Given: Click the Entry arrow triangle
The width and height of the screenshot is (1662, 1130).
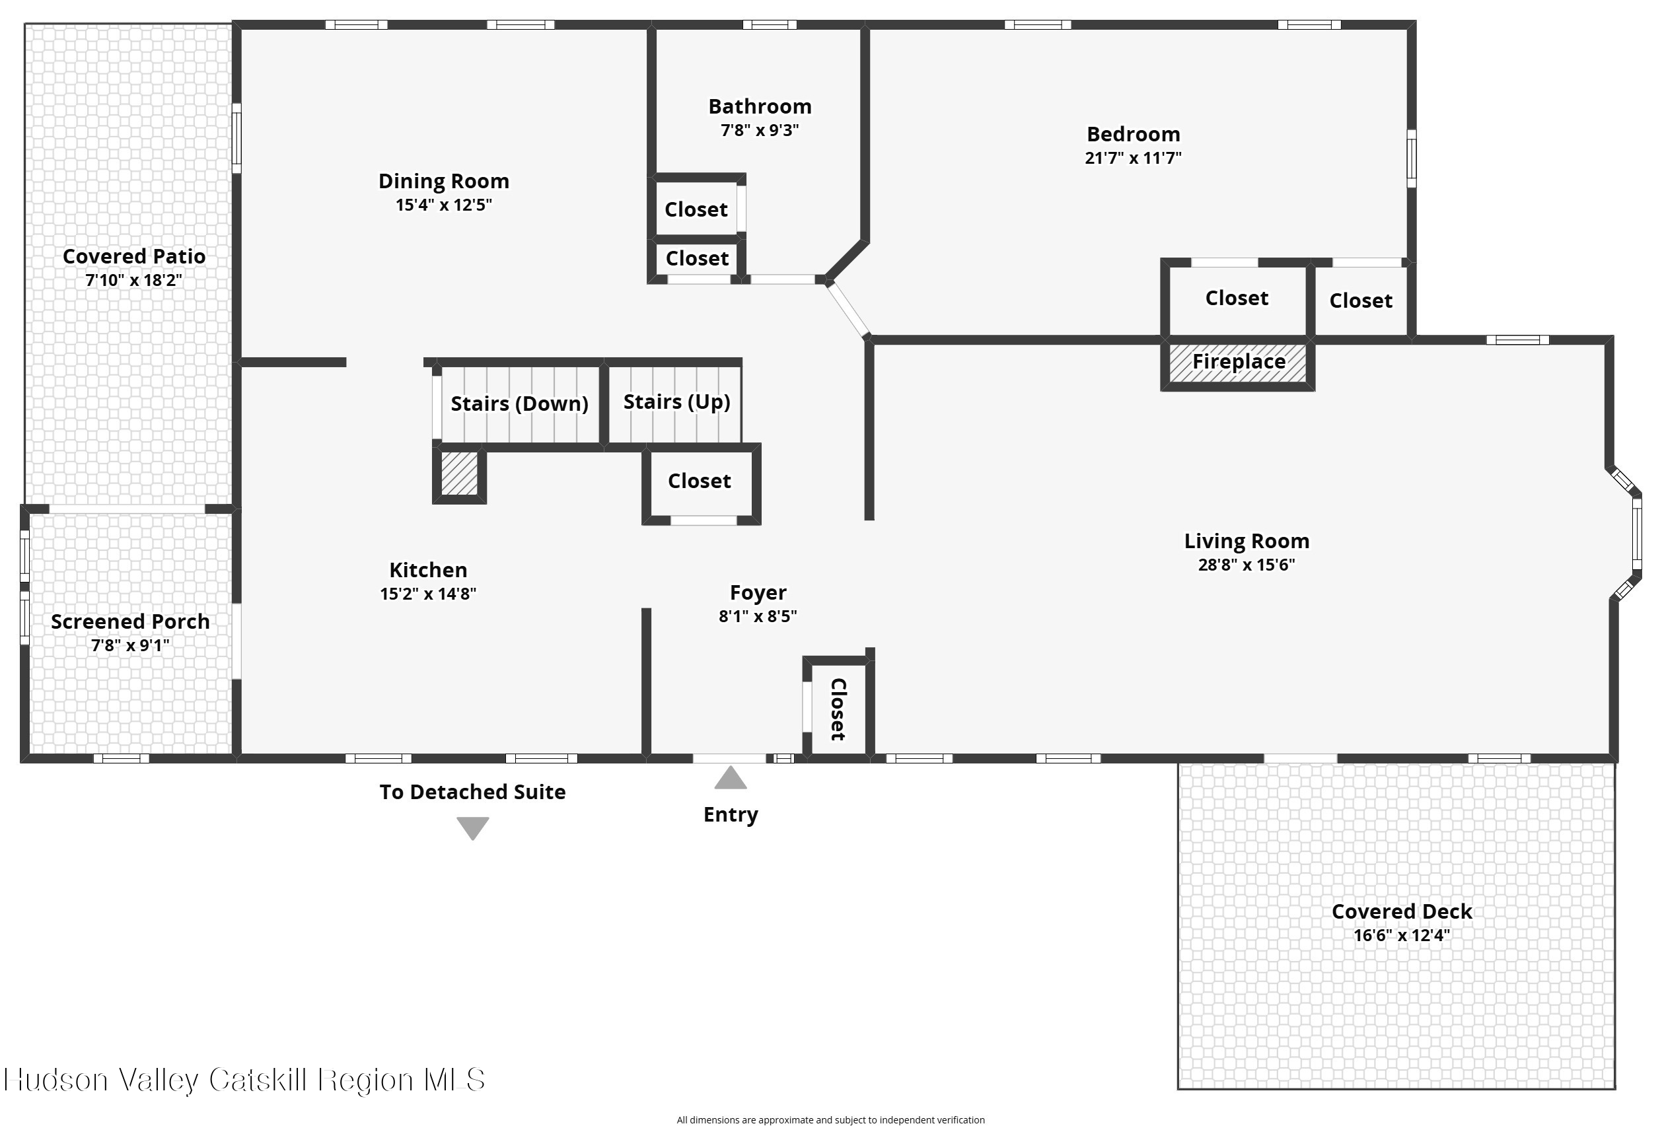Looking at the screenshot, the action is click(730, 778).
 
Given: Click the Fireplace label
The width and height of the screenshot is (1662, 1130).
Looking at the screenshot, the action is click(1239, 362).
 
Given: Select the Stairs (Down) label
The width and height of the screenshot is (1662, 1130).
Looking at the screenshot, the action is click(519, 404).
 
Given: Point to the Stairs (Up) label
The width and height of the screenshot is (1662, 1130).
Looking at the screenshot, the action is click(676, 402).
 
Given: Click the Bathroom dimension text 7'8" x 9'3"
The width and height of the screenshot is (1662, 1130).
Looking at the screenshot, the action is click(760, 130).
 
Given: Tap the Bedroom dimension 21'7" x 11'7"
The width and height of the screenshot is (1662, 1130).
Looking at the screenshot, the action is click(1133, 158).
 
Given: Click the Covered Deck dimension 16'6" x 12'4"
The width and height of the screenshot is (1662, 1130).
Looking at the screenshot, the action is click(1402, 935).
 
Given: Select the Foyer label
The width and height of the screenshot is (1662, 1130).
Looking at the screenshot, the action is click(758, 593).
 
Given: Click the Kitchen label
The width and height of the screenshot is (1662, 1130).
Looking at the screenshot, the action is click(427, 570).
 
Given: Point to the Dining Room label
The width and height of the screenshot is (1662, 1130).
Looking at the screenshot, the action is click(443, 182).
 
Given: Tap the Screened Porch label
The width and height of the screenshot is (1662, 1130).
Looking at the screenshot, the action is click(130, 622).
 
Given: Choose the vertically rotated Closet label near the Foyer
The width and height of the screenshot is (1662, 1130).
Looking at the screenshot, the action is click(838, 709).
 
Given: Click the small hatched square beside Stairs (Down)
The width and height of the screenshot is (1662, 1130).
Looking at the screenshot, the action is click(459, 474).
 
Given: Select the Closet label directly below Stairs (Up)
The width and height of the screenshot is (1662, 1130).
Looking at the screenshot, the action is click(699, 481).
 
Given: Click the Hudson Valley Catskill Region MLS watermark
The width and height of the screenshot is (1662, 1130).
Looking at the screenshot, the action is click(244, 1080).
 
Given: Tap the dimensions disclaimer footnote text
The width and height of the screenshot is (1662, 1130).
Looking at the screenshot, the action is click(830, 1120).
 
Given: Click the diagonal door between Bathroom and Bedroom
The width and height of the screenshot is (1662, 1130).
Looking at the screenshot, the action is click(848, 309).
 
